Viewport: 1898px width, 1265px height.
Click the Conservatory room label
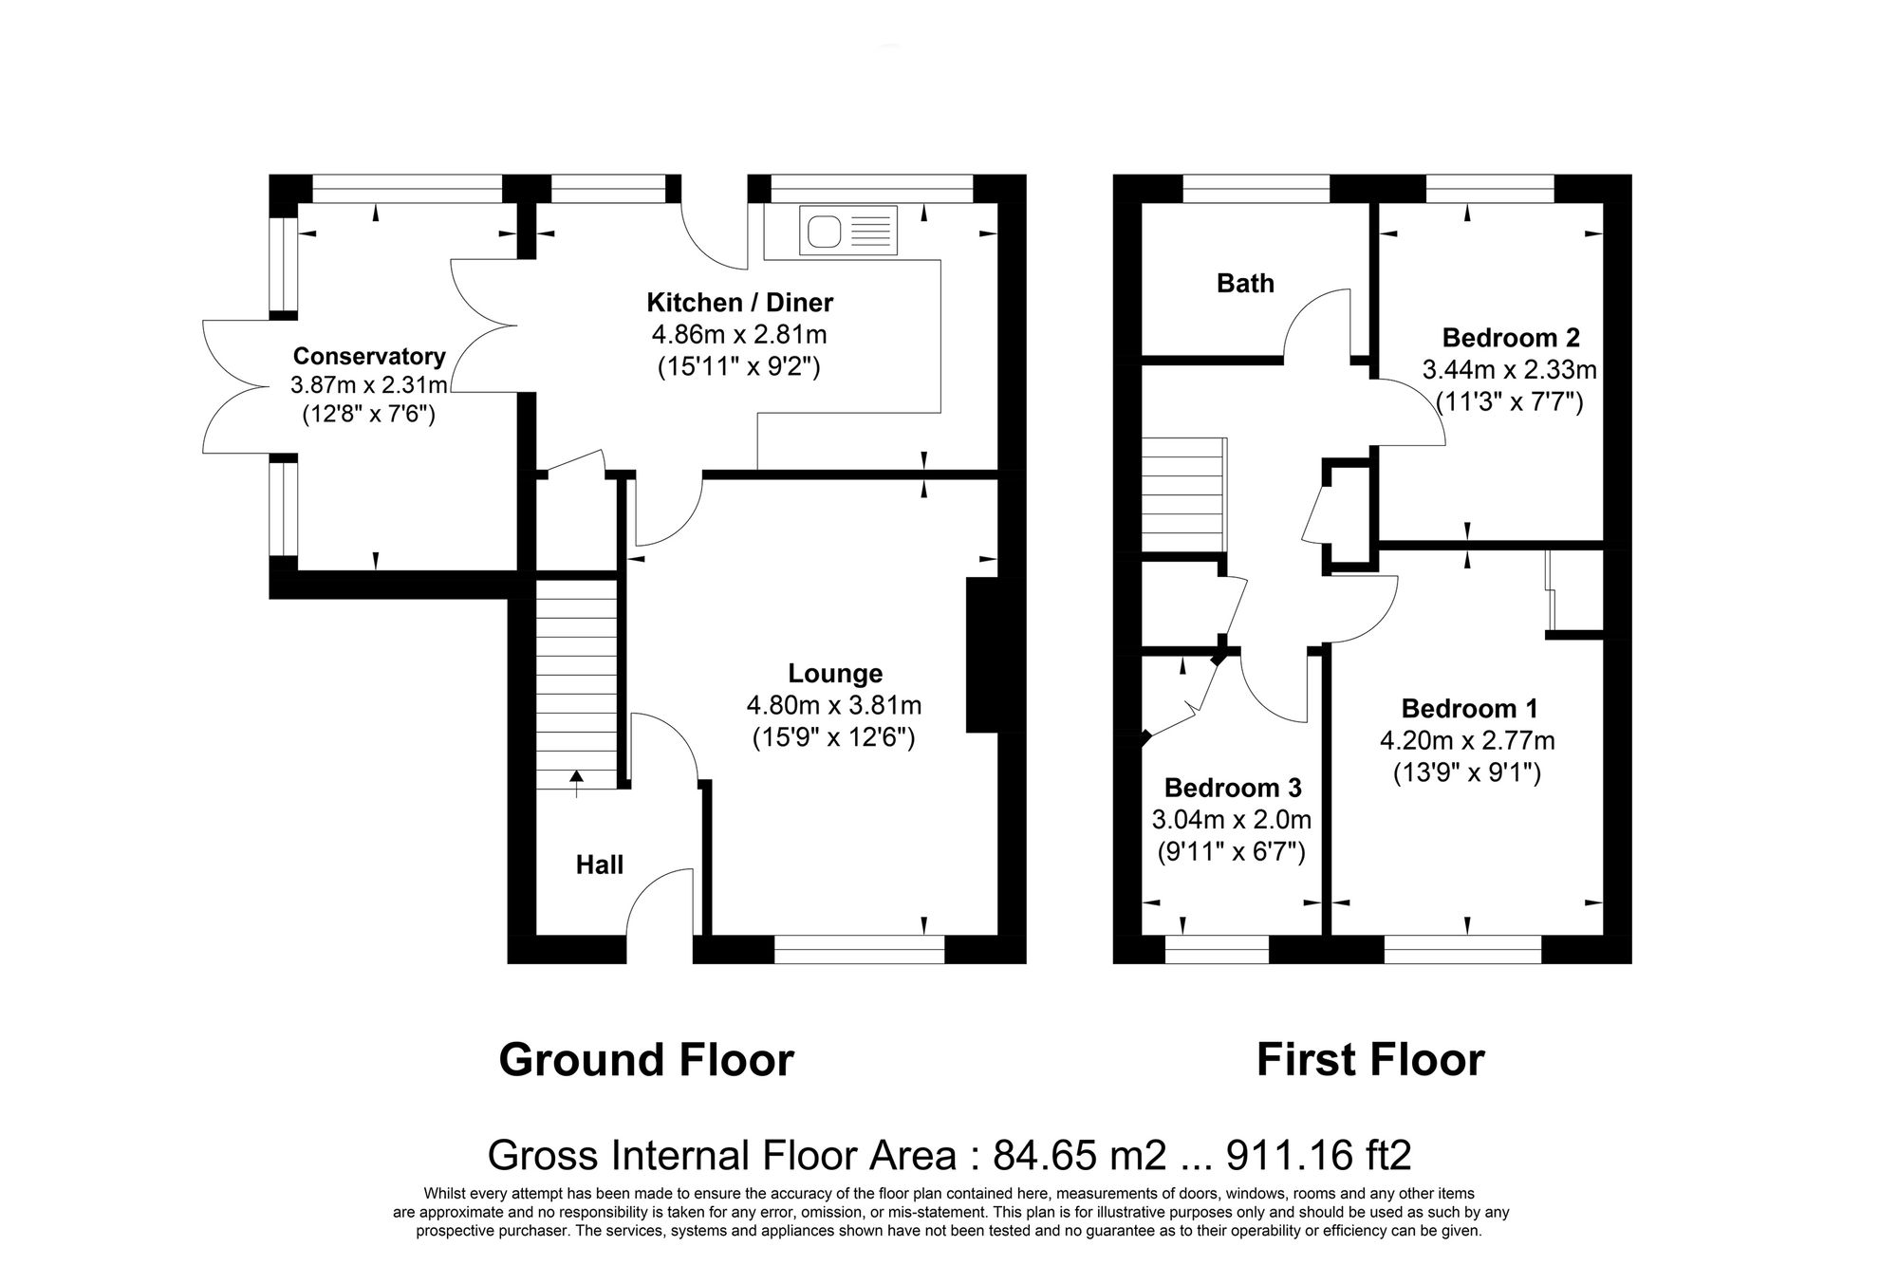(x=368, y=356)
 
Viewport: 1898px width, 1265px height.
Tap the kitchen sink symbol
(x=849, y=231)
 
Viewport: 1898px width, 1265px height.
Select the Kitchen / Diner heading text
(x=739, y=303)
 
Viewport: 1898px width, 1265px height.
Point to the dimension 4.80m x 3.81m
(x=834, y=705)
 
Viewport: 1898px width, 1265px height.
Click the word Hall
(x=600, y=865)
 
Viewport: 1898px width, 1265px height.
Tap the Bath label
(x=1245, y=283)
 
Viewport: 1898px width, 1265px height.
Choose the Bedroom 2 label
(x=1511, y=337)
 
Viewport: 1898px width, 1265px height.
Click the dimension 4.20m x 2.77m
(x=1467, y=740)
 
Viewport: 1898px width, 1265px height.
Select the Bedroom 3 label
(x=1233, y=788)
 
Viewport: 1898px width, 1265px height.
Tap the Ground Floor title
(x=645, y=1060)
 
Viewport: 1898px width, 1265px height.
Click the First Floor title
(x=1369, y=1060)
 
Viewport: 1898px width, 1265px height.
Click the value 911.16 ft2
(x=1319, y=1156)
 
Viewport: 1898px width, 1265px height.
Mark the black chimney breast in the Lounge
(x=982, y=655)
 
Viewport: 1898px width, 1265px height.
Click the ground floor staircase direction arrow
(x=576, y=780)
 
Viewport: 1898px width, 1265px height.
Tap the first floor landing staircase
(x=1182, y=494)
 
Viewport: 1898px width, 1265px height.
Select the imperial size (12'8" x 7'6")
(x=368, y=415)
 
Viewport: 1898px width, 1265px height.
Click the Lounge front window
(x=859, y=949)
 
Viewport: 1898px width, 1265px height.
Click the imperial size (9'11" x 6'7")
(x=1231, y=851)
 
